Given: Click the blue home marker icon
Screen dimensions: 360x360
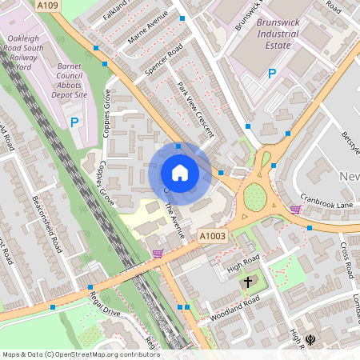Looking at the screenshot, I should [179, 173].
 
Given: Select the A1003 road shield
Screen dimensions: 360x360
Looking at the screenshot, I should [212, 235].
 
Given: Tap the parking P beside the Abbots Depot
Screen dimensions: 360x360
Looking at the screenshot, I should [75, 122].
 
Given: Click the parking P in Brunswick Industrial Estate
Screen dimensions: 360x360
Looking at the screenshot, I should [272, 74].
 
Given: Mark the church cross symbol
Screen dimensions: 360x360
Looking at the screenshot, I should [248, 282].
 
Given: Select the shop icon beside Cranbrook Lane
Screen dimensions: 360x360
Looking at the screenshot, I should [296, 210].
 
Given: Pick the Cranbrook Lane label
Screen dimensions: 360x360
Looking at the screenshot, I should [326, 199].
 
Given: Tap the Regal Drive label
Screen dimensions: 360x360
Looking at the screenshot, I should [105, 306].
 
